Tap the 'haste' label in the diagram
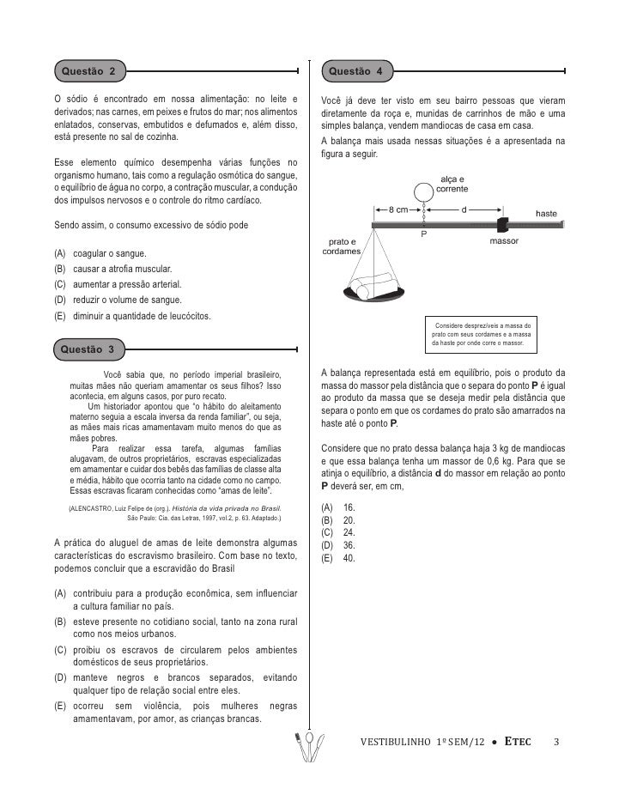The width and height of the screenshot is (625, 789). [546, 213]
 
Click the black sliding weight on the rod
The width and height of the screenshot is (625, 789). [503, 224]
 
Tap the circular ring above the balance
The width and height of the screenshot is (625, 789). [423, 193]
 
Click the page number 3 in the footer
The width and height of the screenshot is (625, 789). [556, 742]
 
